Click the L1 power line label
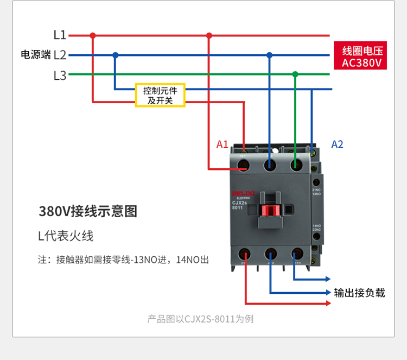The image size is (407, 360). click(60, 35)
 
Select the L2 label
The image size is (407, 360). click(60, 55)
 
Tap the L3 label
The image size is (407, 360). click(60, 75)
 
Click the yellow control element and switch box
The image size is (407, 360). click(160, 96)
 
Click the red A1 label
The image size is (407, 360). click(222, 144)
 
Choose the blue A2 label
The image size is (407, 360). click(337, 144)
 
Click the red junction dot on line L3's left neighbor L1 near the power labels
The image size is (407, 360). click(93, 35)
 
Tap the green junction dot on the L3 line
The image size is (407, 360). click(295, 74)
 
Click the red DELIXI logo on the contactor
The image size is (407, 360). click(244, 193)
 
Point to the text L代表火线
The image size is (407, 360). click(66, 236)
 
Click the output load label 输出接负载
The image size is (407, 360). click(359, 293)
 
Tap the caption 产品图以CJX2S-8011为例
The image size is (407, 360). click(200, 319)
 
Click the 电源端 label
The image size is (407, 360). click(35, 55)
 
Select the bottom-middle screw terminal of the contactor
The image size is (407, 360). click(270, 254)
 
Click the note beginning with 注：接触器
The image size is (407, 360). click(123, 260)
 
